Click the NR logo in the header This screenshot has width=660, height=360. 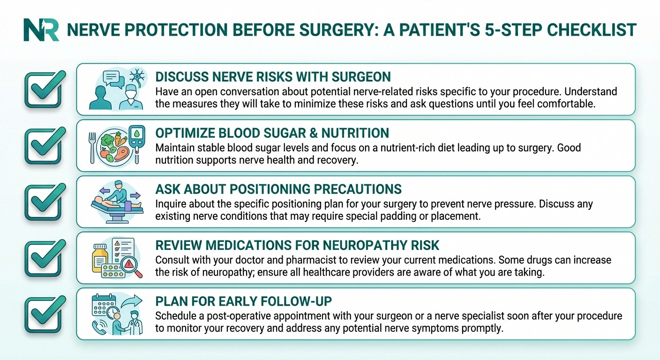[41, 30]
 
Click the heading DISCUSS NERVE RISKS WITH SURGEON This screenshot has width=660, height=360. [273, 77]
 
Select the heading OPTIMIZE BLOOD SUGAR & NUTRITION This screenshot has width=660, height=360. [272, 133]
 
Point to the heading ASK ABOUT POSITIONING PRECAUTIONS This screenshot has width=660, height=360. [278, 189]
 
